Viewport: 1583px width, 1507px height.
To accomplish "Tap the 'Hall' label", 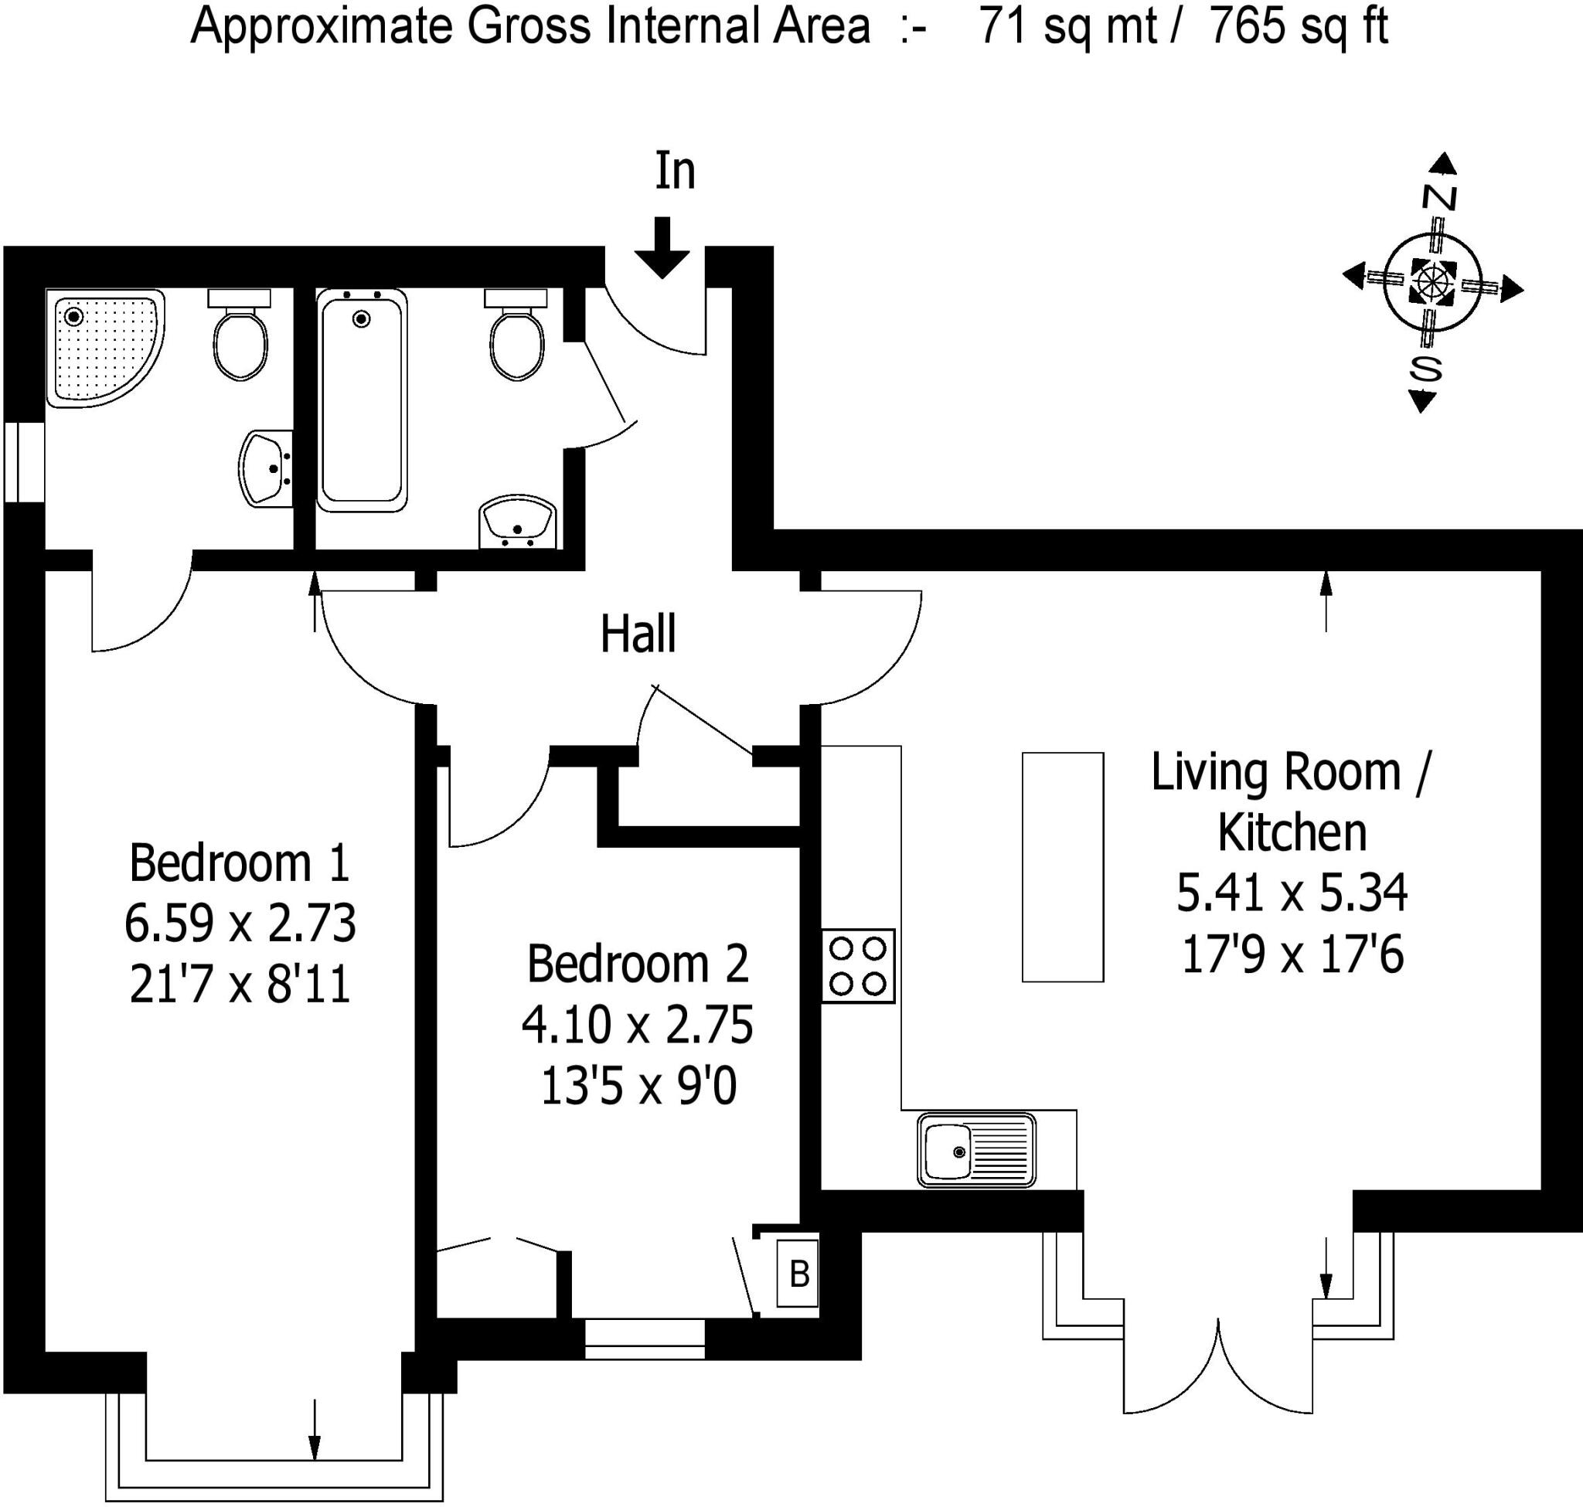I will [638, 634].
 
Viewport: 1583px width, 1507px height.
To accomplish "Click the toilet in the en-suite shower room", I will [240, 338].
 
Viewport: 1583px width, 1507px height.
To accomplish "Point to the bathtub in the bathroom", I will [362, 401].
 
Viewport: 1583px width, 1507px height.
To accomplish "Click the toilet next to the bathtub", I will [516, 338].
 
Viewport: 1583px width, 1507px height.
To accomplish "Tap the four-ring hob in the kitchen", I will [857, 965].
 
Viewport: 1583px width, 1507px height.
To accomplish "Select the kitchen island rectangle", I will [1062, 867].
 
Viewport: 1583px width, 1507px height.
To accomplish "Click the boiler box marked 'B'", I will [798, 1274].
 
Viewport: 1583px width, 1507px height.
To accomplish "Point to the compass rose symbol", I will [1432, 284].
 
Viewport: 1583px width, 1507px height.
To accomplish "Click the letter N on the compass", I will [1439, 198].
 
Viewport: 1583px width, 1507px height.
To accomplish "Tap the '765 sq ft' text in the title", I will [1299, 26].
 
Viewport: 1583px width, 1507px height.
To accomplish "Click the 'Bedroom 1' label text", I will [240, 863].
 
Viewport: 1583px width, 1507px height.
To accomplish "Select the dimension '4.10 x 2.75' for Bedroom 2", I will [637, 1026].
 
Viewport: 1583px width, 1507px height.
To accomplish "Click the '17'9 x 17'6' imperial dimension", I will [1292, 956].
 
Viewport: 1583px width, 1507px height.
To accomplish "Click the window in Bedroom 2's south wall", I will [645, 1339].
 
